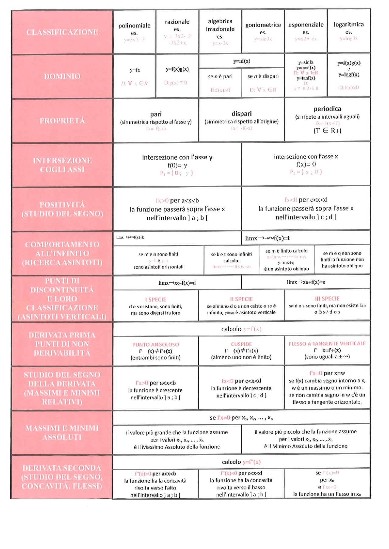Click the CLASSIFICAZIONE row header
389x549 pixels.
62,32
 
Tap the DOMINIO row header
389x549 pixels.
62,76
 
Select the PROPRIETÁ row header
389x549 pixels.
62,120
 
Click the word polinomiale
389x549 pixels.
134,25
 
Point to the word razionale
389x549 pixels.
177,22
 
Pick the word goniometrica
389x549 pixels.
263,25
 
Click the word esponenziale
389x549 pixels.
306,25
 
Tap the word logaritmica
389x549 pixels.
349,24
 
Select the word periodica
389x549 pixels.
327,109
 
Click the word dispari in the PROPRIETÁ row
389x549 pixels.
242,114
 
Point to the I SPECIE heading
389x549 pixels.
155,300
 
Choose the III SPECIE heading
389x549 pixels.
327,299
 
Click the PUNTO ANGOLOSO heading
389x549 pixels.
155,344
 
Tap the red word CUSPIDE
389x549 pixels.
241,344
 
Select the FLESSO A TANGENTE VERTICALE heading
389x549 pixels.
327,344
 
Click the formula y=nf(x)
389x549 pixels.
242,61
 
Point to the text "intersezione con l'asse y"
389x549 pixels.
177,157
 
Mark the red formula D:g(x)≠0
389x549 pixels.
176,83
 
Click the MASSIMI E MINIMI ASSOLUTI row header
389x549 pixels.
62,432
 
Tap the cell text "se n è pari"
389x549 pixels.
220,76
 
